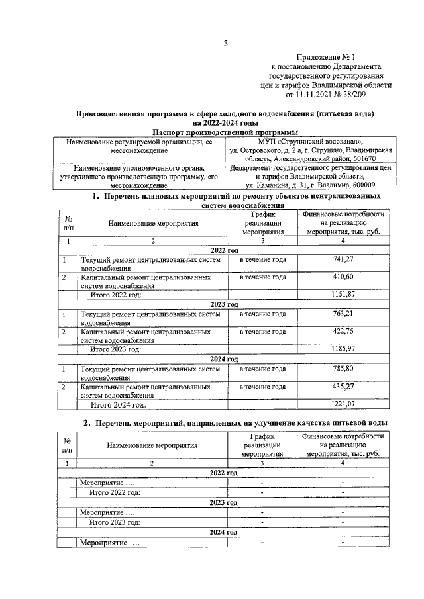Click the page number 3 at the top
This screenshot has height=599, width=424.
[225, 44]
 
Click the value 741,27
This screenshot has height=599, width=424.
[343, 260]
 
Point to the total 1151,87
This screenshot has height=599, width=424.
[343, 294]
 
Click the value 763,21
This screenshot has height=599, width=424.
[343, 314]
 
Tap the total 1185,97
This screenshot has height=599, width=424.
[343, 348]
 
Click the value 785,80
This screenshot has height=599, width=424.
[343, 369]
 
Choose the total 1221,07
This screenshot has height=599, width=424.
[343, 403]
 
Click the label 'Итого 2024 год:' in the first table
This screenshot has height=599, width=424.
[117, 403]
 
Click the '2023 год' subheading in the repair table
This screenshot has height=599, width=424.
[223, 304]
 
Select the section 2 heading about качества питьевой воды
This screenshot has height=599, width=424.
[235, 423]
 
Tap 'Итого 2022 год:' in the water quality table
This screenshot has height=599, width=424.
[115, 492]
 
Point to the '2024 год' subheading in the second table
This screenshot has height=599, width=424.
[223, 532]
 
